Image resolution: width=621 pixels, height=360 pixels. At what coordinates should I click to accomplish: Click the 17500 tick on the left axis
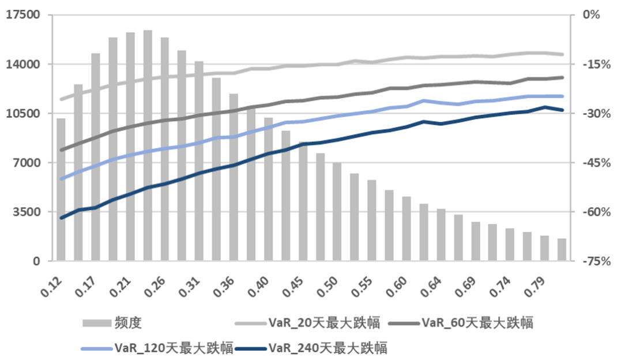point(25,15)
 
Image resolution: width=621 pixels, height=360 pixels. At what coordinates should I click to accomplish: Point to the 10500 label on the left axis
point(25,114)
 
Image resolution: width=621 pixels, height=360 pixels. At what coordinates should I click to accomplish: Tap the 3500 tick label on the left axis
point(28,212)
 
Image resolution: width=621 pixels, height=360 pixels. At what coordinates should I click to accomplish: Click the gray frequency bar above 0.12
point(61,190)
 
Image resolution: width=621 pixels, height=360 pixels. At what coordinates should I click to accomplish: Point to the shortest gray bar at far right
point(562,250)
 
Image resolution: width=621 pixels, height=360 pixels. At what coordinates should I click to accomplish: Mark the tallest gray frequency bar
point(148,144)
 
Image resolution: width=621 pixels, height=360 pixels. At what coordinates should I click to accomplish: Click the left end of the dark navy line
point(61,217)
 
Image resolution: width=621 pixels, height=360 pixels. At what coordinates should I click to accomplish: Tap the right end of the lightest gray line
point(562,54)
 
